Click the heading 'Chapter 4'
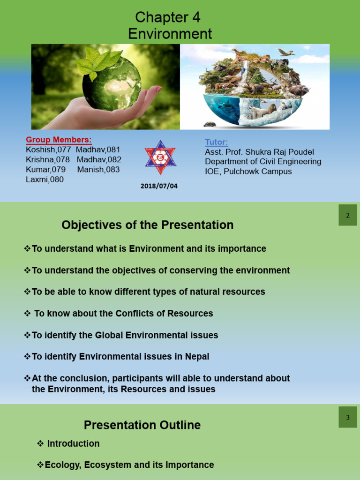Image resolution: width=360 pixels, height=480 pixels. [x=168, y=17]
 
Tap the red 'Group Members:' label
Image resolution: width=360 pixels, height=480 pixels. [x=59, y=140]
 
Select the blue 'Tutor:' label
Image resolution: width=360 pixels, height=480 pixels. [x=217, y=142]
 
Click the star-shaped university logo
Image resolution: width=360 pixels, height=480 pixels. [x=160, y=157]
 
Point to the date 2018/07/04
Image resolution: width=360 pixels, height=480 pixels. [x=159, y=186]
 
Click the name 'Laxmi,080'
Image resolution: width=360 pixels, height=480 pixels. [x=45, y=180]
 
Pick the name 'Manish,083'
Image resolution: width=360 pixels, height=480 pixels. [x=98, y=169]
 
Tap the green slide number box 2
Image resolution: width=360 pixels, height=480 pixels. [x=348, y=215]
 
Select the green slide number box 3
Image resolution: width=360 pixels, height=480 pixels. [x=348, y=417]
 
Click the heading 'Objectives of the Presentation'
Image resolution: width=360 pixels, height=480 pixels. [x=148, y=225]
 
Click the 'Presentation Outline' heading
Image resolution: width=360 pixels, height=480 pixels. [x=142, y=425]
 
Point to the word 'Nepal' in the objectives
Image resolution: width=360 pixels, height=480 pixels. [x=197, y=357]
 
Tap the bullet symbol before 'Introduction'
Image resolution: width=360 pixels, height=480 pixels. [x=40, y=443]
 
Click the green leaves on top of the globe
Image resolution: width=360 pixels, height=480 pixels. [x=97, y=62]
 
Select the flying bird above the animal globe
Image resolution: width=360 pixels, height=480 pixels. [x=286, y=52]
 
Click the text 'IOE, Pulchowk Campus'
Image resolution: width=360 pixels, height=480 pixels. [x=248, y=172]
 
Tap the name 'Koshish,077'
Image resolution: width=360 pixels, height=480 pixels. [x=48, y=150]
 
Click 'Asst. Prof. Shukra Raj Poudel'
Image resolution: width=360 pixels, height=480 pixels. [x=260, y=152]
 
